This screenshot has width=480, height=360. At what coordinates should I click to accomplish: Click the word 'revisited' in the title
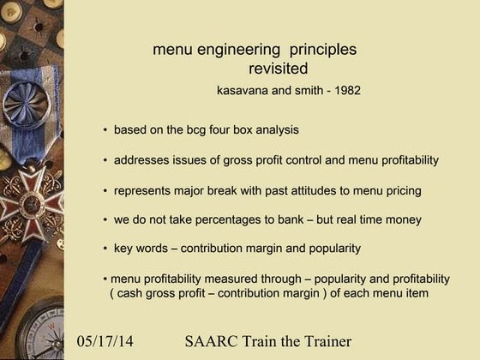click(278, 69)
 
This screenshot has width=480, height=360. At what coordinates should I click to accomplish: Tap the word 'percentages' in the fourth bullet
click(231, 219)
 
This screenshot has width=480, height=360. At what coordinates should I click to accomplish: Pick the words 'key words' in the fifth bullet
click(140, 249)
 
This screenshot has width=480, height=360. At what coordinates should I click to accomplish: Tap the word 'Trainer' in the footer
click(321, 343)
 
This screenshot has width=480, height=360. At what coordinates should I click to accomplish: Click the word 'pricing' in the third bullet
click(401, 190)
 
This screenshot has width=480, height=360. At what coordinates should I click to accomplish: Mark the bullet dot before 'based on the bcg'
click(105, 130)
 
